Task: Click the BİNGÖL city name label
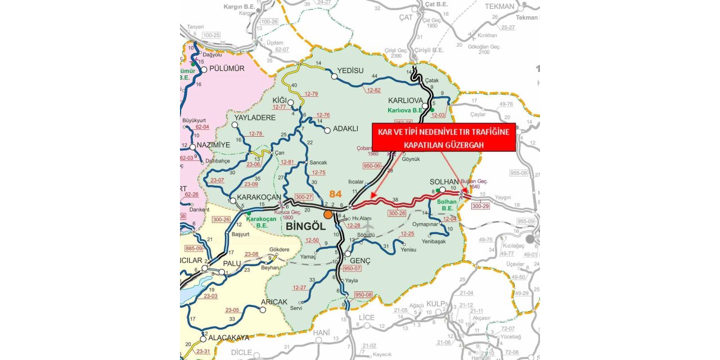pos(306,226)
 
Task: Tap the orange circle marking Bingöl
pos(328,214)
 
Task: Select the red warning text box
pos(443,138)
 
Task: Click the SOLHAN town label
pos(445,182)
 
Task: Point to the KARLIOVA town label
pos(405,100)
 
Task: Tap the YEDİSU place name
pos(354,71)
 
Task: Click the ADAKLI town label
pos(345,128)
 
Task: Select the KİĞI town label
pos(280,100)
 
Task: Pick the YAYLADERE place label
pos(255,118)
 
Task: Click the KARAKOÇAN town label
pos(259,197)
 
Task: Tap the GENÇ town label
pos(361,261)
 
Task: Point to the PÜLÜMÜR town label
pos(227,69)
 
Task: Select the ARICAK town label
pos(274,301)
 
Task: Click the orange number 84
pos(336,195)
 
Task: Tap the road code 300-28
pos(397,213)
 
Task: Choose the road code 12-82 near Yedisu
pos(373,90)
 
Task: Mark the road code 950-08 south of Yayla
pos(363,295)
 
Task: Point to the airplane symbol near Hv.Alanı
pos(370,227)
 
